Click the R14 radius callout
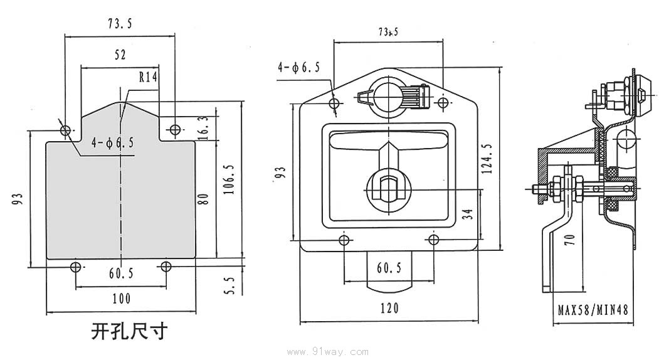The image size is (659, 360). click(x=148, y=77)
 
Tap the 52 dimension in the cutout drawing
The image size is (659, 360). click(x=120, y=55)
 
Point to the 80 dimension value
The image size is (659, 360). click(x=203, y=200)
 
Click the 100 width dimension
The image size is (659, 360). click(x=120, y=299)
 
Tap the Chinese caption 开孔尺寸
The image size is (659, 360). click(x=130, y=331)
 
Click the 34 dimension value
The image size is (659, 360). click(x=467, y=214)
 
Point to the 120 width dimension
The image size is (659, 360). click(x=389, y=308)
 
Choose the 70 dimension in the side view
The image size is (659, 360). click(x=569, y=239)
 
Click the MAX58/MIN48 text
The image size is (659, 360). click(x=593, y=309)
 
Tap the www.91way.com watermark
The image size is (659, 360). click(x=329, y=352)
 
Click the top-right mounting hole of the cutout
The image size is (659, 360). click(x=174, y=130)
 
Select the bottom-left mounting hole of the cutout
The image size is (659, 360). click(x=76, y=267)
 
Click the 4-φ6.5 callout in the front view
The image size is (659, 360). click(x=299, y=68)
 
